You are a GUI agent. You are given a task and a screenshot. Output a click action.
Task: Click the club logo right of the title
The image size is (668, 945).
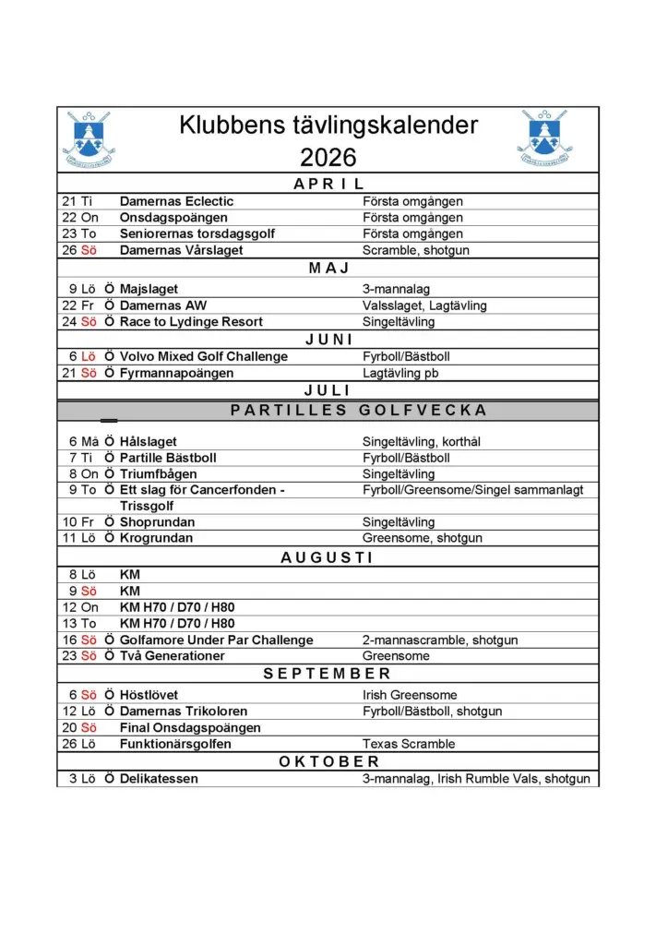point(544,138)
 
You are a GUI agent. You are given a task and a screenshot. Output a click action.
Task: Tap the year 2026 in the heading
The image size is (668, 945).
point(328,157)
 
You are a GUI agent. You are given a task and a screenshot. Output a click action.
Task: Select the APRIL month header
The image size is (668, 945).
point(328,185)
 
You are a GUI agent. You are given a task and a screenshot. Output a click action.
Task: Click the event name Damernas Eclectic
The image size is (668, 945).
point(176,201)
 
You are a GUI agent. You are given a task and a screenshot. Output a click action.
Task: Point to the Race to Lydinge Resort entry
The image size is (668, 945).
point(191,322)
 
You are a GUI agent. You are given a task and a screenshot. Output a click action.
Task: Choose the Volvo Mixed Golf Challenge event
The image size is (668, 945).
point(203,356)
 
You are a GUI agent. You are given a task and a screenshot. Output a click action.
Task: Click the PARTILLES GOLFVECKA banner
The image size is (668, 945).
point(358,411)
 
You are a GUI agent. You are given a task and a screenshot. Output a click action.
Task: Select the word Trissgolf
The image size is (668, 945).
point(147,506)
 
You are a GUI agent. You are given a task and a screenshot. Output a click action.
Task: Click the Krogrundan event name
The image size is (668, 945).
point(156,538)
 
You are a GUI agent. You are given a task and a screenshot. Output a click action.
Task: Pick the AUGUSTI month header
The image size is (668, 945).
point(328,557)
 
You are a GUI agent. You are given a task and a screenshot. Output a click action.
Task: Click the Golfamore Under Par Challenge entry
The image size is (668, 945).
point(216,640)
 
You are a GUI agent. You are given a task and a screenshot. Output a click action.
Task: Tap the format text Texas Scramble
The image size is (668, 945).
point(409,744)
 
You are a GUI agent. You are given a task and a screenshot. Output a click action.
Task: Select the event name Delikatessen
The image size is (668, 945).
point(159,779)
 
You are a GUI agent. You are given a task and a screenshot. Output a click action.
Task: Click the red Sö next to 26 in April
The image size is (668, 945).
point(89,251)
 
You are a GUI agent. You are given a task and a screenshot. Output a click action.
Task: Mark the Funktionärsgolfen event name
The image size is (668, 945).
point(175,744)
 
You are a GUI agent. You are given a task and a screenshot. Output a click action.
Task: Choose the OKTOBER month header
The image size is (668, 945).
point(328,761)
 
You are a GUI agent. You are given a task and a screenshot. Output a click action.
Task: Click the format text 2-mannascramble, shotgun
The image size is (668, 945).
point(439,640)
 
